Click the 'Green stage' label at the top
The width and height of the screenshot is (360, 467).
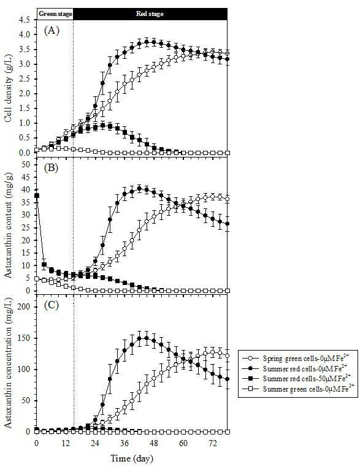coord(55,13)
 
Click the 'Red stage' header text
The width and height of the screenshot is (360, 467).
coord(150,13)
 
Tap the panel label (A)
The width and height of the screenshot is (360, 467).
coord(52,31)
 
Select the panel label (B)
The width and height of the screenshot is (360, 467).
coord(52,168)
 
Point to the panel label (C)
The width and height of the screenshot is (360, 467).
coord(52,306)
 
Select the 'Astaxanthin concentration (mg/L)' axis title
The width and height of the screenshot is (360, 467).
coord(9,362)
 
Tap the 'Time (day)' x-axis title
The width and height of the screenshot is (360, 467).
coord(132,458)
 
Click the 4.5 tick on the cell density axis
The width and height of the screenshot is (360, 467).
coord(25,20)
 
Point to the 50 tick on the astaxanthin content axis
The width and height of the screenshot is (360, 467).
coord(26,164)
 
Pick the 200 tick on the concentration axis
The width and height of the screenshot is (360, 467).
coord(24,307)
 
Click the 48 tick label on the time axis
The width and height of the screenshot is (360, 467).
coord(153,443)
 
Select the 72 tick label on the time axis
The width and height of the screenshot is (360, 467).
coord(212,443)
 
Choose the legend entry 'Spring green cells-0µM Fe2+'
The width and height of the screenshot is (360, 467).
coord(298,358)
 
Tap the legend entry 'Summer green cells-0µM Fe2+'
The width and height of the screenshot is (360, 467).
coord(298,389)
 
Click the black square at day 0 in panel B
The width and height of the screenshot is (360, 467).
coord(37,196)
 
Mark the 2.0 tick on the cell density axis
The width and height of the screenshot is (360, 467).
coord(25,94)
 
